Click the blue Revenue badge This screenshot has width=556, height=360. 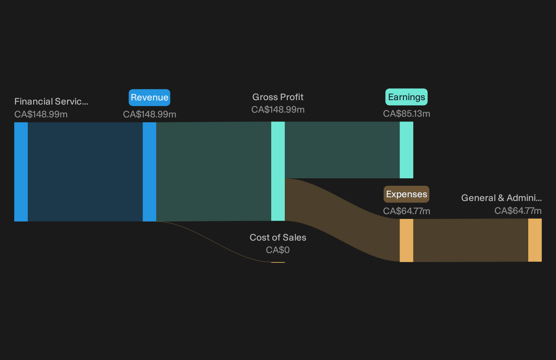pyautogui.click(x=149, y=97)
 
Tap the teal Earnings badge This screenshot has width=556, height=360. pyautogui.click(x=406, y=97)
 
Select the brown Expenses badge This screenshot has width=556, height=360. pyautogui.click(x=406, y=194)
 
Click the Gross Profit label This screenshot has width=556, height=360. pyautogui.click(x=278, y=97)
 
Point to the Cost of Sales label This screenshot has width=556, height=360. pyautogui.click(x=278, y=238)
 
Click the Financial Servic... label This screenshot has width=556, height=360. pyautogui.click(x=51, y=102)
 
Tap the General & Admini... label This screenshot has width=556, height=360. pyautogui.click(x=501, y=198)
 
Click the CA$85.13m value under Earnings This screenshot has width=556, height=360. pyautogui.click(x=406, y=114)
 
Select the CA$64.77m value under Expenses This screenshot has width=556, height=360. pyautogui.click(x=406, y=211)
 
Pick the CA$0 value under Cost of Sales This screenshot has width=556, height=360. pyautogui.click(x=278, y=250)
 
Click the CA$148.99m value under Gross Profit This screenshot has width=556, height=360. pyautogui.click(x=278, y=110)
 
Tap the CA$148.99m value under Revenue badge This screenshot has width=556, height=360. pyautogui.click(x=149, y=114)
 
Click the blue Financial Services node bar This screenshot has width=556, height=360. pyautogui.click(x=21, y=172)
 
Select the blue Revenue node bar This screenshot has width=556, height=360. pyautogui.click(x=149, y=172)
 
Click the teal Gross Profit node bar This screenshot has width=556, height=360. pyautogui.click(x=278, y=171)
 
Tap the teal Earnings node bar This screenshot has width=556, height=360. pyautogui.click(x=406, y=150)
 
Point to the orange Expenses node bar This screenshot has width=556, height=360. pyautogui.click(x=406, y=241)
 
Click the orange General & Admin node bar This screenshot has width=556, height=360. pyautogui.click(x=535, y=240)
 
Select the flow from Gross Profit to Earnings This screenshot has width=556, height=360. pyautogui.click(x=342, y=150)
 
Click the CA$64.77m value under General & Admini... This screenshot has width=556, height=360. pyautogui.click(x=518, y=211)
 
